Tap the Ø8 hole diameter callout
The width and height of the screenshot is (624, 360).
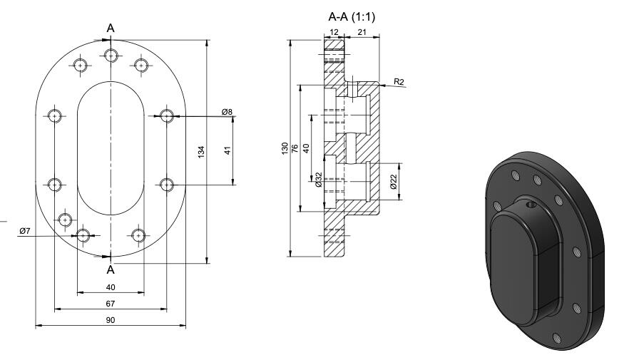(227, 111)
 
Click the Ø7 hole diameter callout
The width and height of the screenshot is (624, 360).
(24, 230)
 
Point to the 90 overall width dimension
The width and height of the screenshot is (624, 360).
(111, 321)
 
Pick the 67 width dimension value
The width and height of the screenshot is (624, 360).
(111, 304)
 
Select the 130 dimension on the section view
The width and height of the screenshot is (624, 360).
(285, 148)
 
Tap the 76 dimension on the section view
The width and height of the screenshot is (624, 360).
(295, 148)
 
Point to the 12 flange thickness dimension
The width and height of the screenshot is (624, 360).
(334, 32)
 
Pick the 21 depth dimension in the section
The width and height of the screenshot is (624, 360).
(362, 32)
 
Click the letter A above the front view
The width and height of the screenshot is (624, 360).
(111, 28)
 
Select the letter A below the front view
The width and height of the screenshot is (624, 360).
(111, 269)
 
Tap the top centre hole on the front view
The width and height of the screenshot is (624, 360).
(111, 55)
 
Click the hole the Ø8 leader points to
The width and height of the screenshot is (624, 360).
(167, 115)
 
